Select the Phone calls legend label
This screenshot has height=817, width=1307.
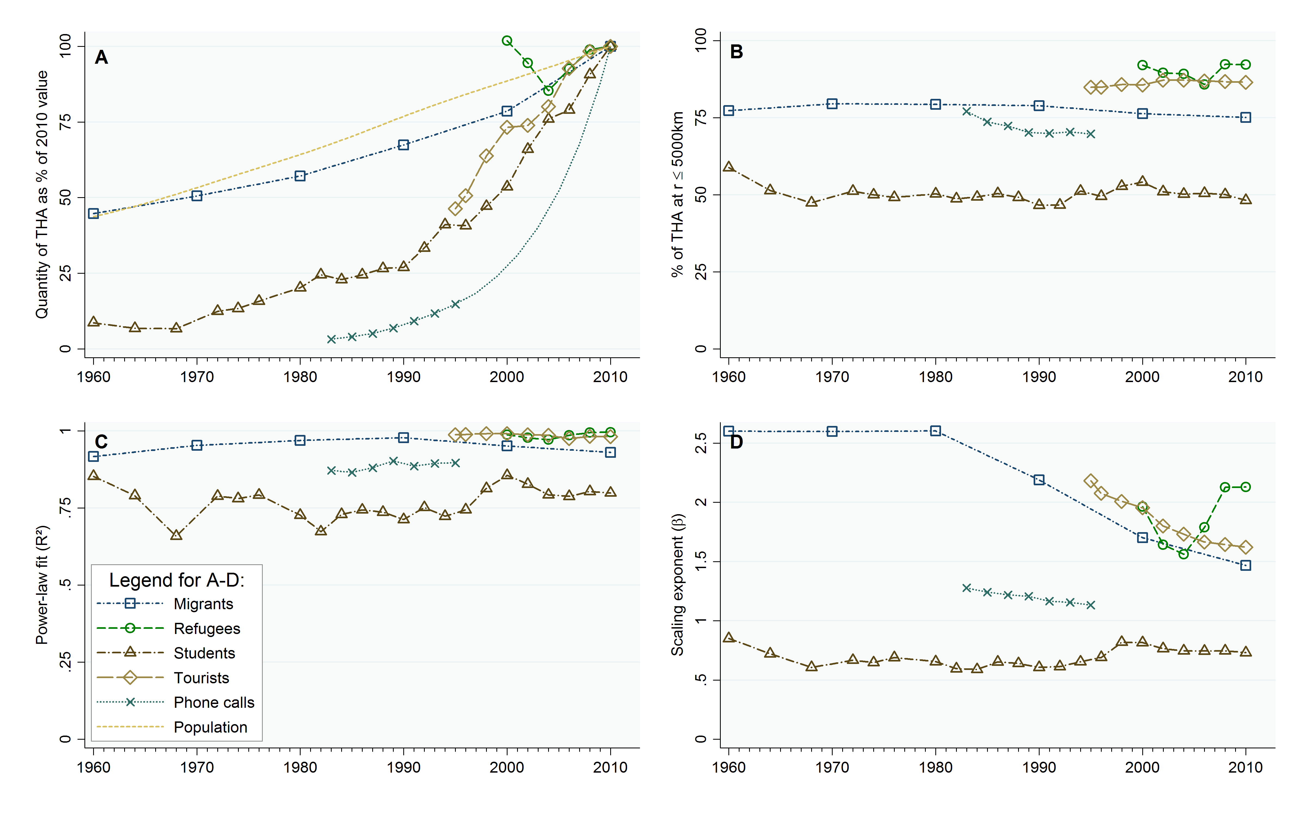(214, 702)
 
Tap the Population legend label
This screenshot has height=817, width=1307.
(210, 727)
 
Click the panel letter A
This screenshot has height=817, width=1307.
(101, 57)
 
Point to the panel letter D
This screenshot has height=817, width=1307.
(736, 442)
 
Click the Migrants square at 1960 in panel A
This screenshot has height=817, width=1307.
(93, 214)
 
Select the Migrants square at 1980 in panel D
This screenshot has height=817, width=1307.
(935, 431)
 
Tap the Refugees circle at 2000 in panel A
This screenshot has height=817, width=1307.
(506, 41)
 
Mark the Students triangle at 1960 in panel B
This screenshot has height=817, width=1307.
(729, 167)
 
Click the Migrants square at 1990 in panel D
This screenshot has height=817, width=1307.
(1039, 480)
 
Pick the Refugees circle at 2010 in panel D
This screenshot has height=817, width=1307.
(1245, 487)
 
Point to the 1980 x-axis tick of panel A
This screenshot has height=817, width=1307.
(300, 377)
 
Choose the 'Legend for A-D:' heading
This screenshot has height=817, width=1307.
(177, 580)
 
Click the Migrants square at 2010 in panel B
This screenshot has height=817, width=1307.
(1245, 117)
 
